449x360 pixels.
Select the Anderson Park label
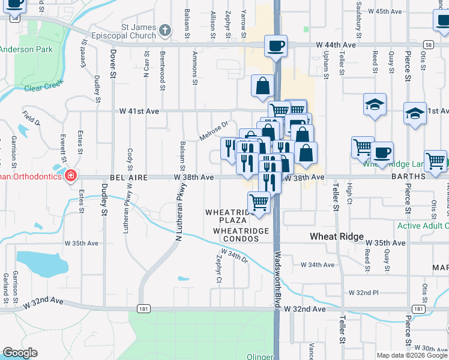tap(26, 50)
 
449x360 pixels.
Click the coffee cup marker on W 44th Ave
tap(276, 46)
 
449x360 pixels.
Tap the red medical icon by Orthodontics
tap(71, 176)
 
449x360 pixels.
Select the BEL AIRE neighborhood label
tap(128, 178)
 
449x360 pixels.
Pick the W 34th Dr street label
tap(237, 258)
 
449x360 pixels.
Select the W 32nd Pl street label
tap(364, 293)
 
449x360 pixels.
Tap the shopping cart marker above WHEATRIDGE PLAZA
tap(259, 203)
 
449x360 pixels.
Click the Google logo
tap(20, 353)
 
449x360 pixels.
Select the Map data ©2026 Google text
tap(411, 355)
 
